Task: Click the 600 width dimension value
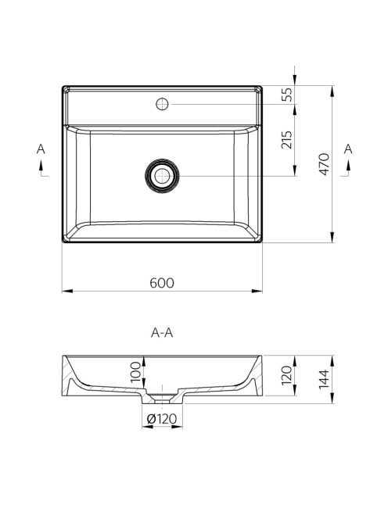162,283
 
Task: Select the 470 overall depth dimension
324,164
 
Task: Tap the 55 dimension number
287,95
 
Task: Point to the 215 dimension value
287,140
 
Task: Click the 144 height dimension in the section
324,379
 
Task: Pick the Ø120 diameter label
162,419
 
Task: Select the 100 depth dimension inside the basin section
136,372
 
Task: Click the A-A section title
162,333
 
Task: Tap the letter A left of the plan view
41,149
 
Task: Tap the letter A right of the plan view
348,149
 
